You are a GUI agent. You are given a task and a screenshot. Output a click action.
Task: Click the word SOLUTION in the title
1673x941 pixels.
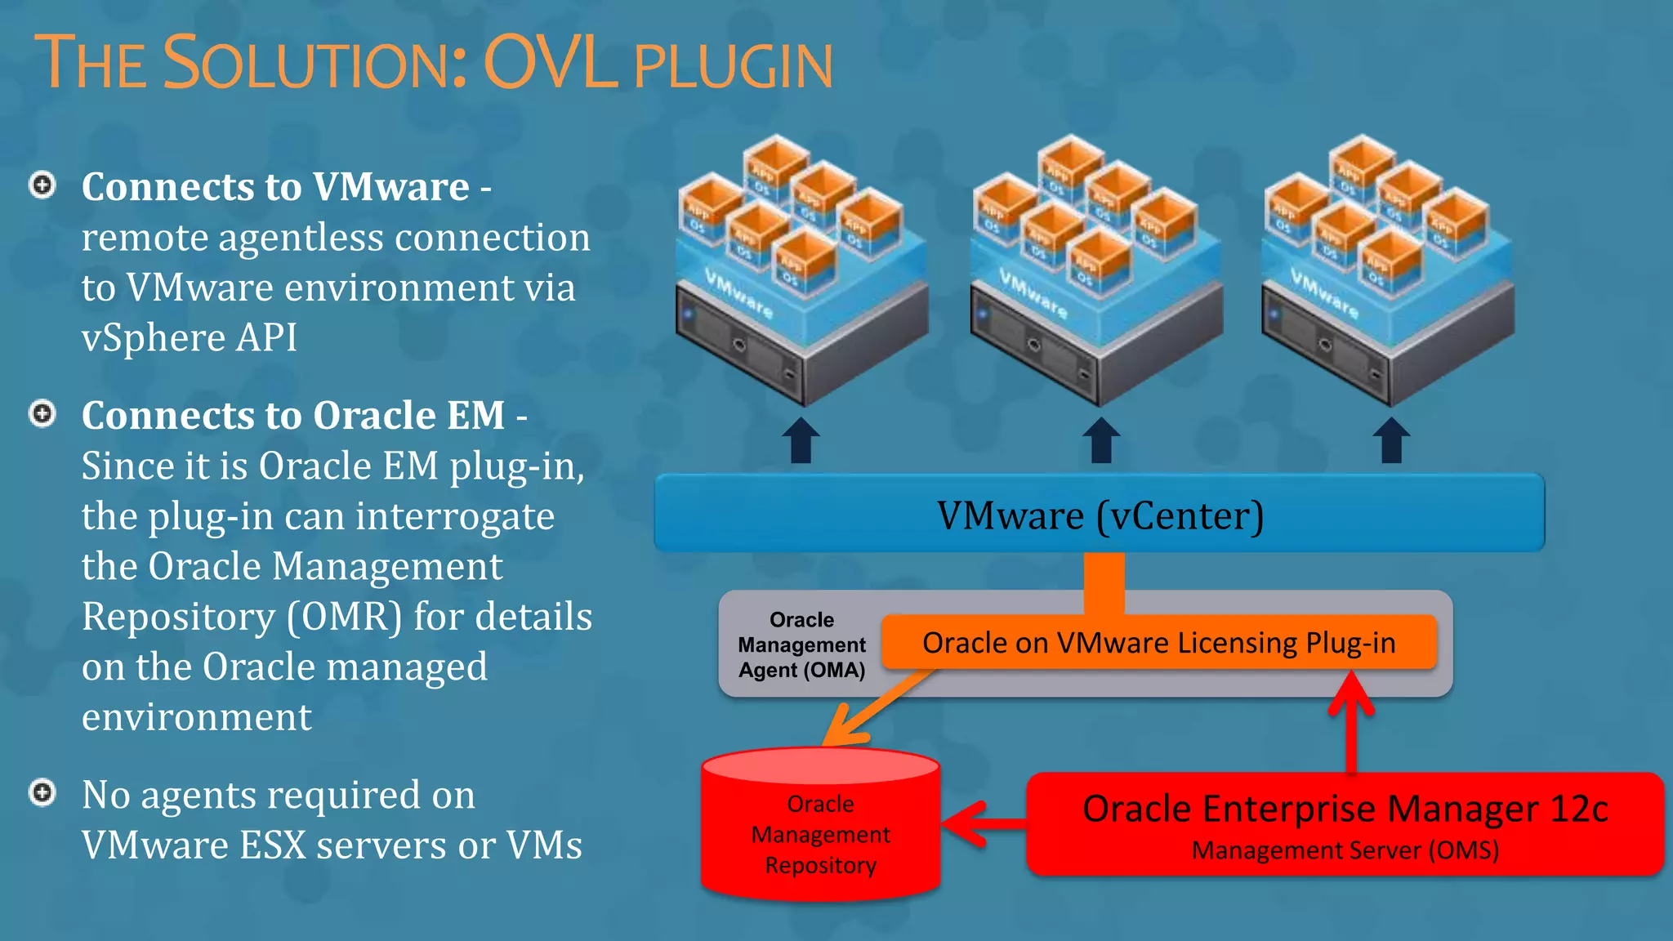tap(315, 63)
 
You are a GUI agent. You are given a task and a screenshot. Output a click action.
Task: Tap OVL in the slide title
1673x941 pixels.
tap(551, 63)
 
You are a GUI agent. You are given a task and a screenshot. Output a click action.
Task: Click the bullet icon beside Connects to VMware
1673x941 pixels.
tap(42, 185)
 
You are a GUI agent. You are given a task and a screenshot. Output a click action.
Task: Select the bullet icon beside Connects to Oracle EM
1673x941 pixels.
tap(42, 414)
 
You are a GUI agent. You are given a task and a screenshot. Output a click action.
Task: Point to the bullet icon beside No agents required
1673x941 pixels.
tap(42, 792)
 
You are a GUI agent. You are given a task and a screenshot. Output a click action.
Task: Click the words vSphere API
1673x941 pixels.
tap(190, 338)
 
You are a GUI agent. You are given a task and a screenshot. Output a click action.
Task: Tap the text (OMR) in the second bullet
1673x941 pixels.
tap(344, 618)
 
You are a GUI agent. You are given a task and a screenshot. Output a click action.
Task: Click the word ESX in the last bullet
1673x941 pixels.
tap(273, 845)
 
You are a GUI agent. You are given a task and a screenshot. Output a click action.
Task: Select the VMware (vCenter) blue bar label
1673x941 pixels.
tap(1100, 515)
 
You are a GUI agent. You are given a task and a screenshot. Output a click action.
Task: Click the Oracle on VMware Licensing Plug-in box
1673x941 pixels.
tap(1158, 643)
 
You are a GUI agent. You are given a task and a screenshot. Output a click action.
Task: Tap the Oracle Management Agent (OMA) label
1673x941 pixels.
tap(801, 644)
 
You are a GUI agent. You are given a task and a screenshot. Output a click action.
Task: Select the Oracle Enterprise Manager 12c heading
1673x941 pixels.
tap(1345, 809)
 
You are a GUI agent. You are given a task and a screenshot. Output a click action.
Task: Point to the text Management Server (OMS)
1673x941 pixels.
tap(1345, 850)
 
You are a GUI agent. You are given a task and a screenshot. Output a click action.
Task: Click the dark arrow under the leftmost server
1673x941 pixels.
tap(801, 441)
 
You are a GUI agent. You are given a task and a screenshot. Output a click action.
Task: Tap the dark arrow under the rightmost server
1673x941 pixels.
tap(1391, 441)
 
